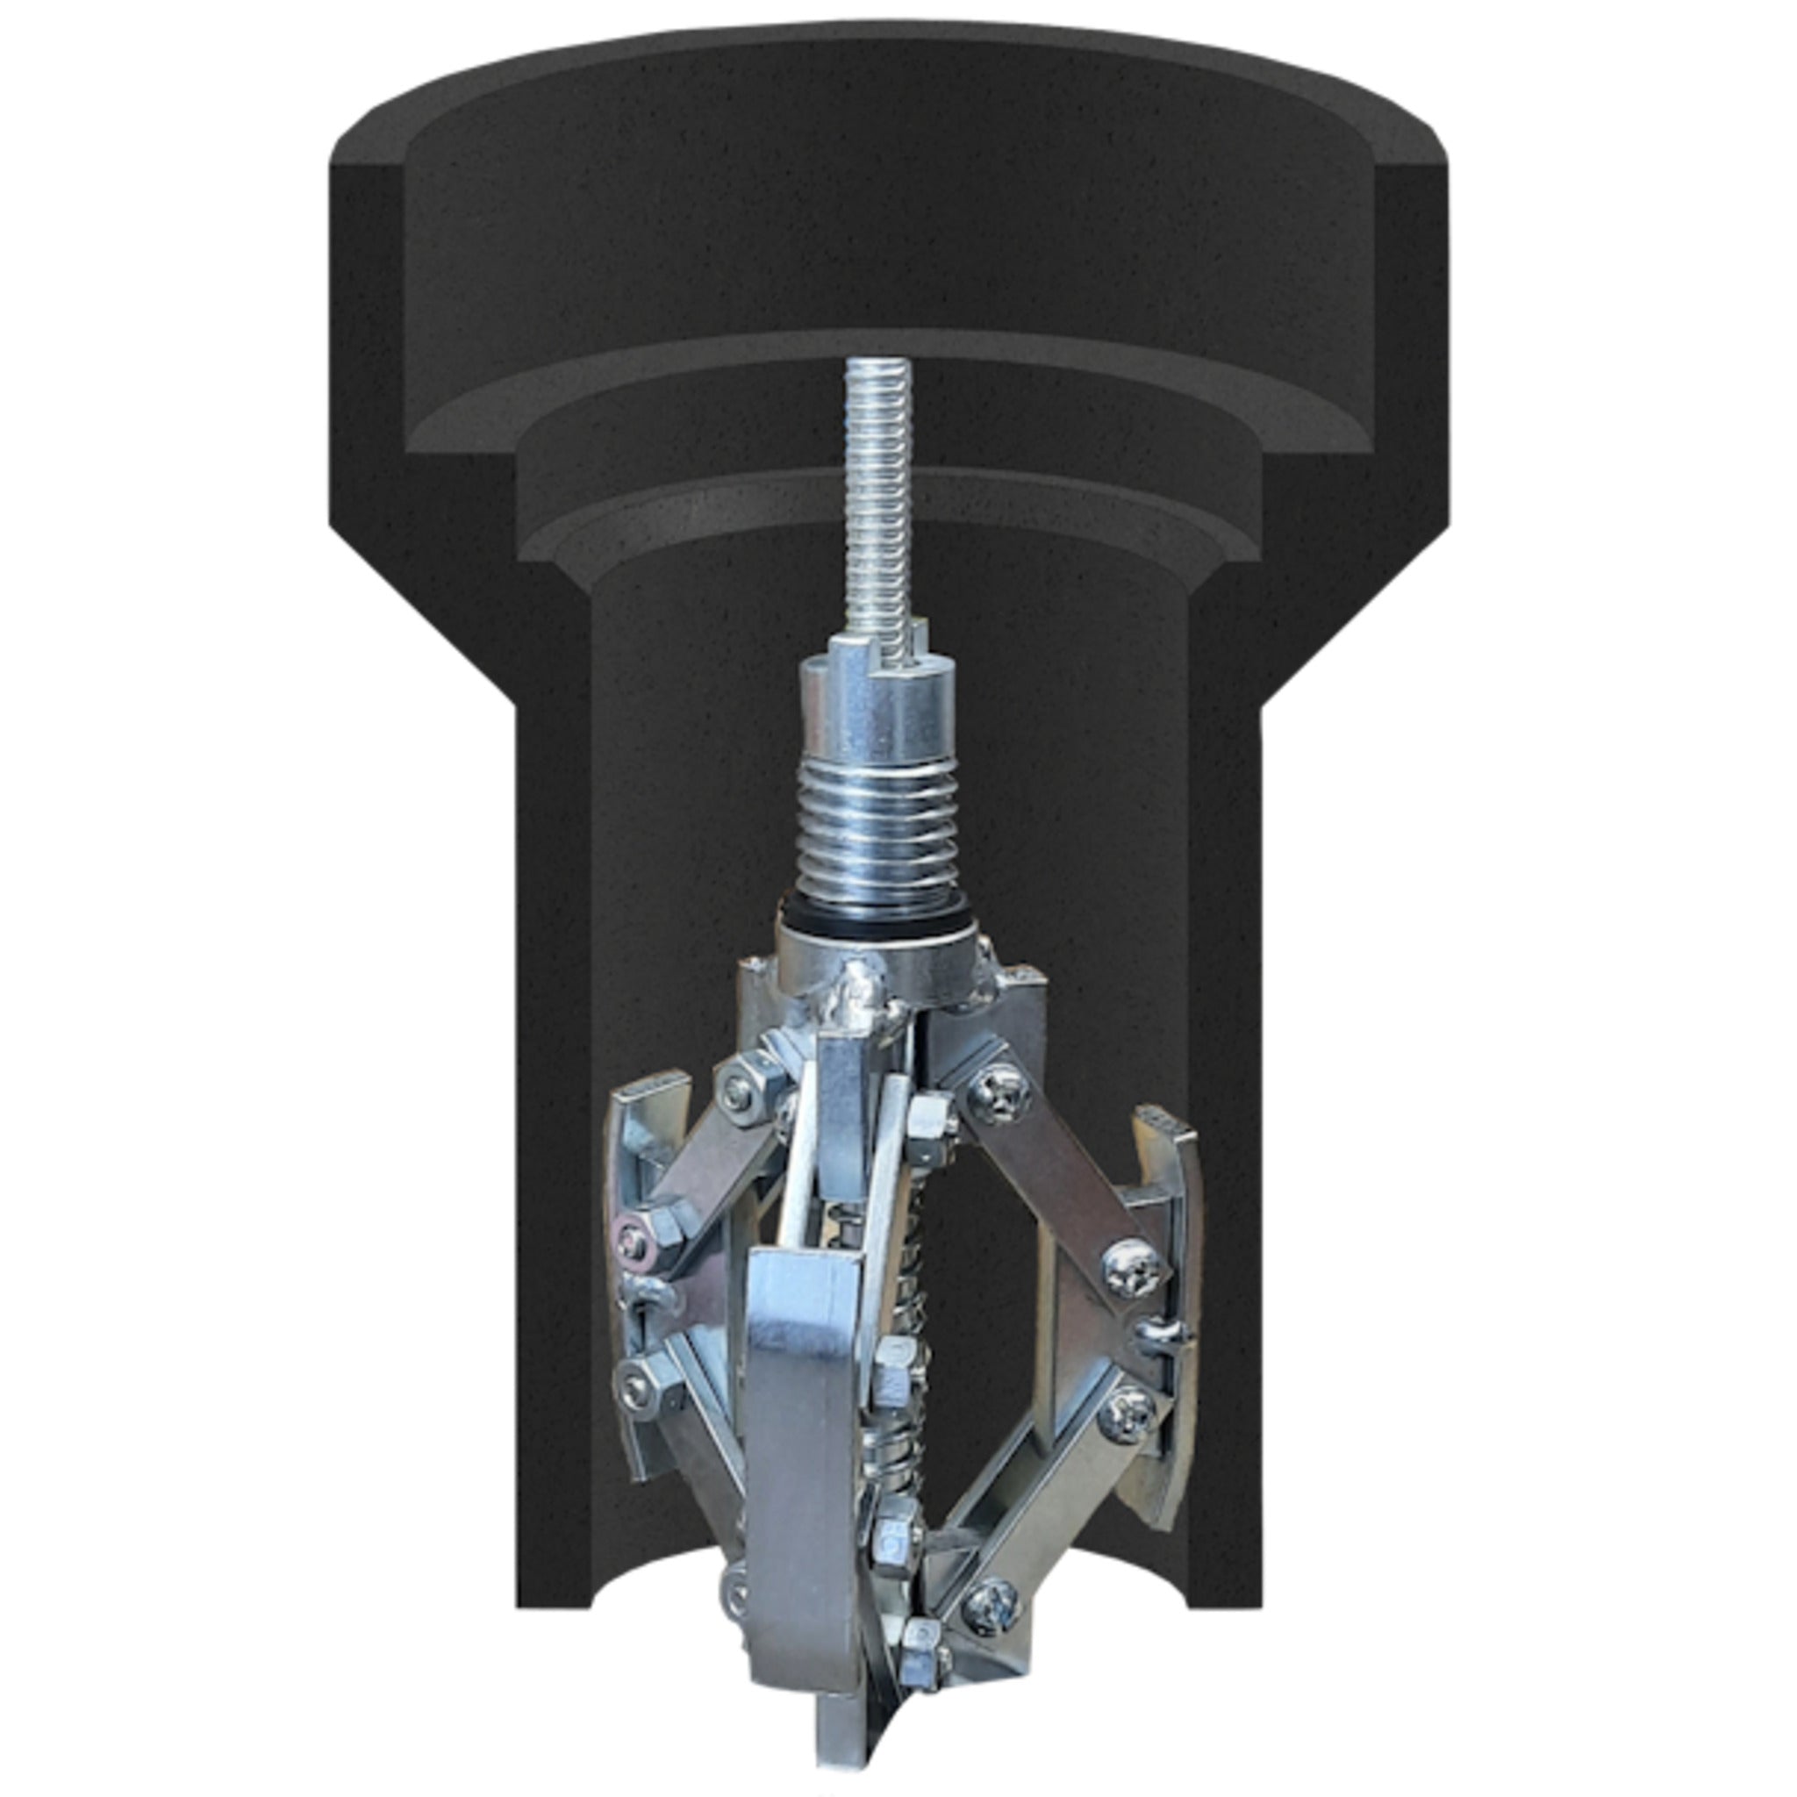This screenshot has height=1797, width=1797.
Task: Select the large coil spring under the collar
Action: [x=879, y=827]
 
